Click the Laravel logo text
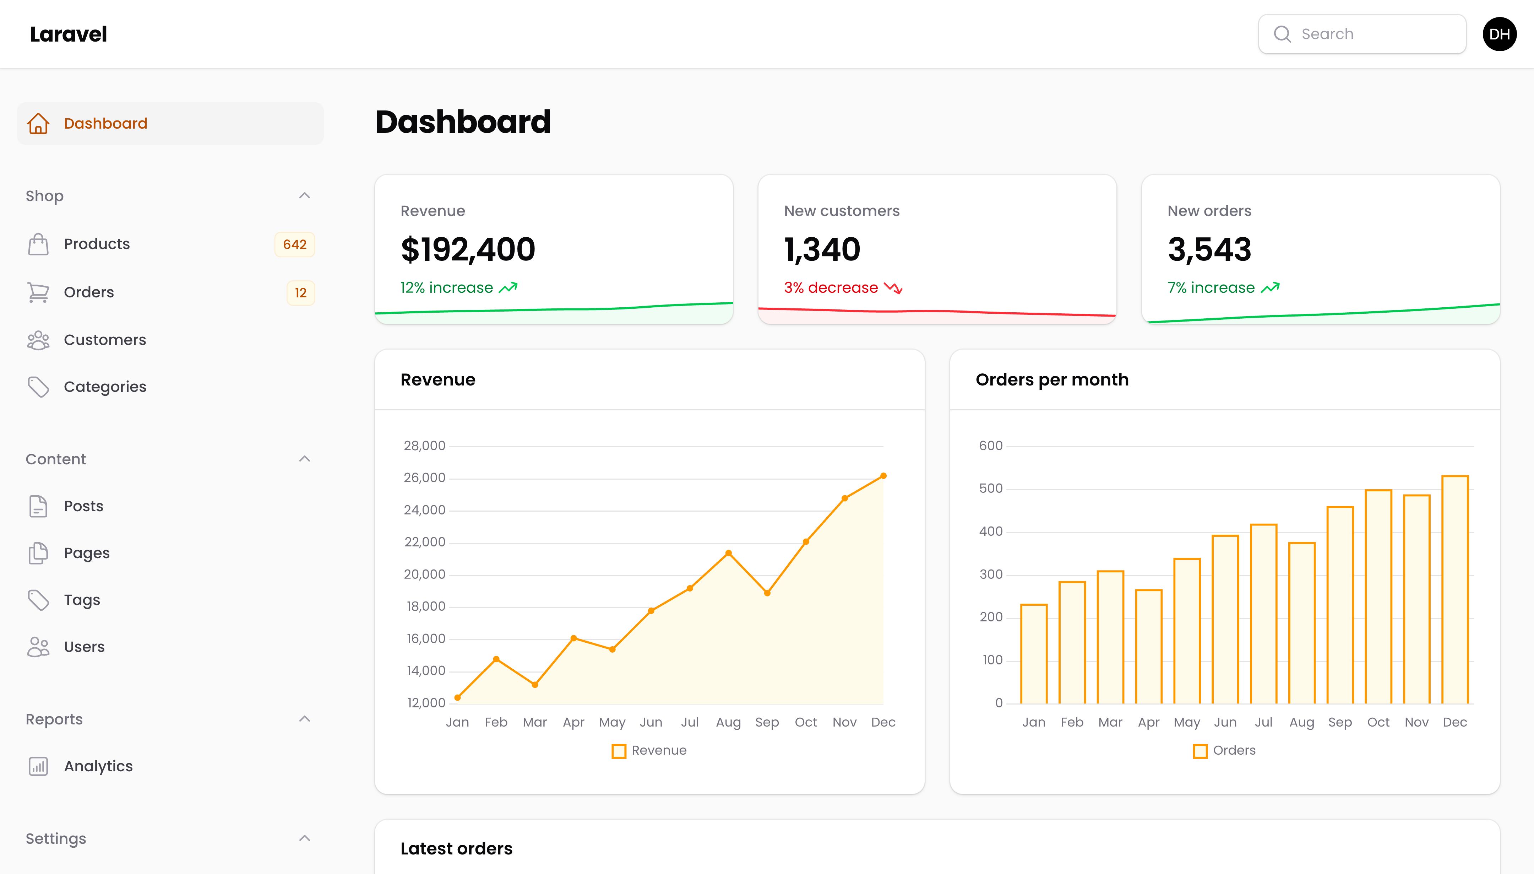coord(69,34)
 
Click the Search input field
coord(1362,34)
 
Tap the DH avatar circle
coord(1499,34)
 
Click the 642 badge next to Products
coord(295,245)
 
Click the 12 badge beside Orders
coord(300,293)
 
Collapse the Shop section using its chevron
coord(305,196)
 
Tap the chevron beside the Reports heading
coord(305,719)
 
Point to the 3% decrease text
coord(831,288)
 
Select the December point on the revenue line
coord(883,476)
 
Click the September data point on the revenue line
coord(767,593)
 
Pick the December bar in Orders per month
coord(1455,589)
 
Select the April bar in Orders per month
coord(1149,647)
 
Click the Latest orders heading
coord(457,849)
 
